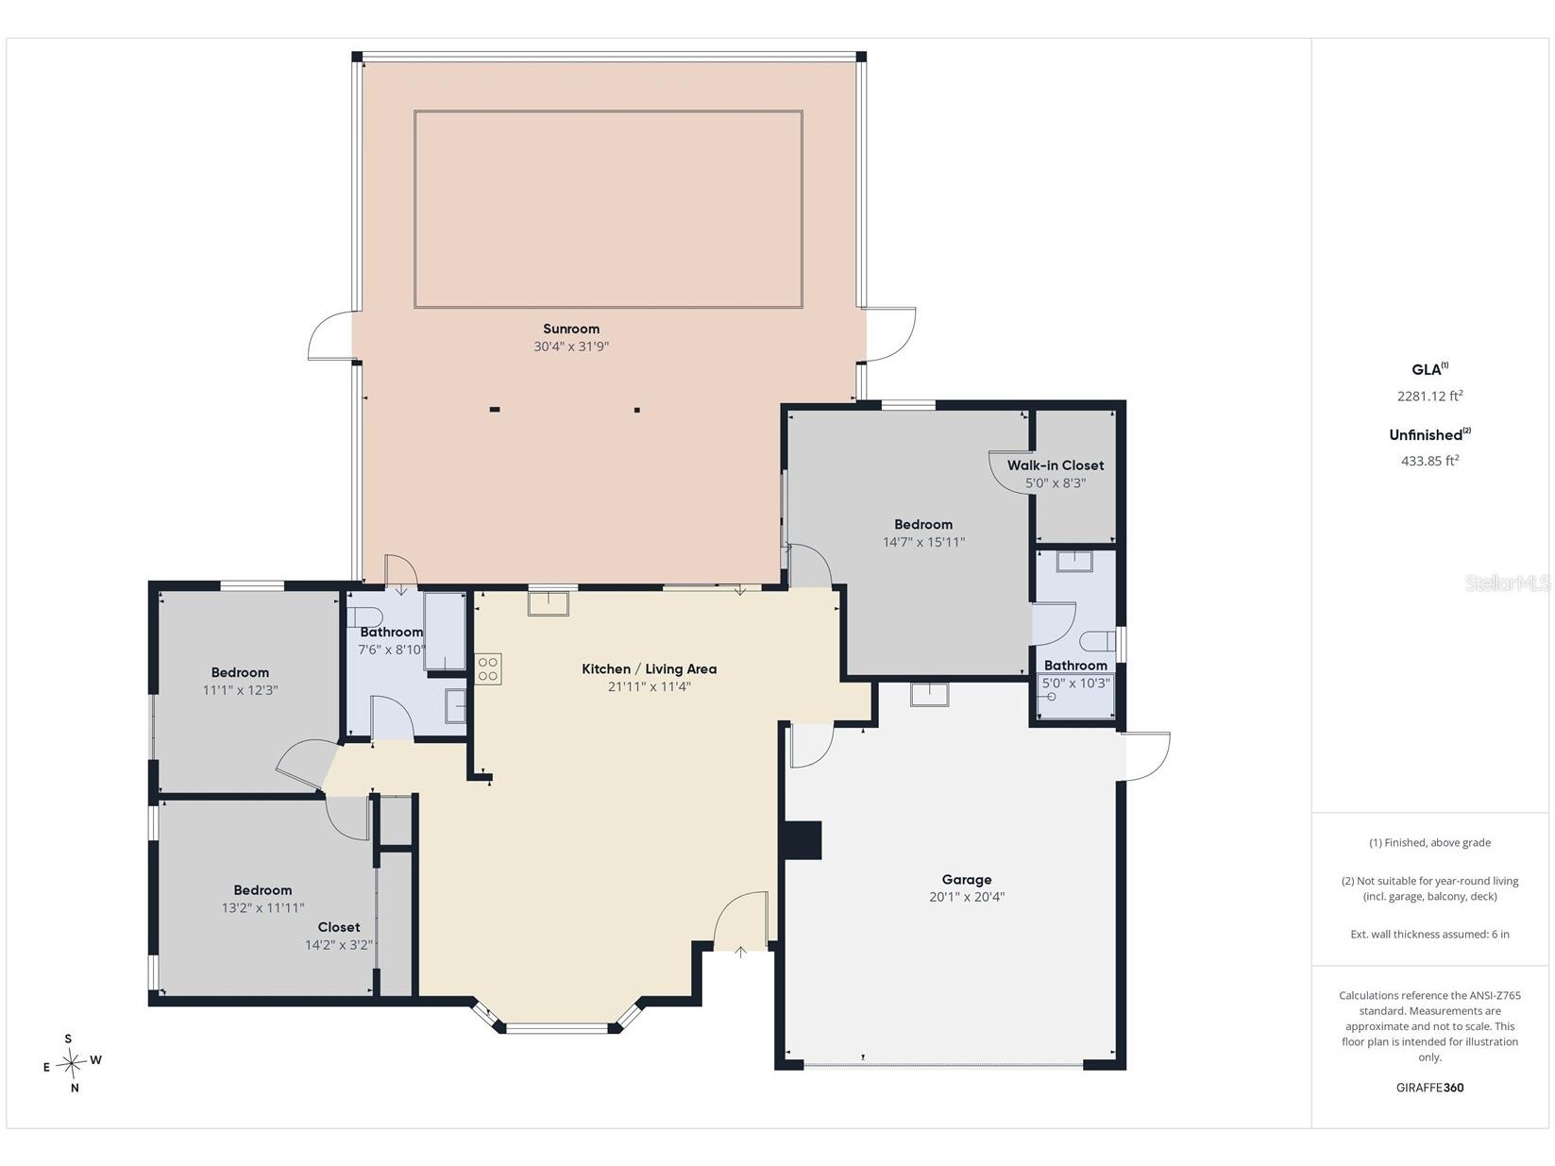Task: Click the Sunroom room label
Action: [571, 329]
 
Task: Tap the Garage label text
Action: [966, 879]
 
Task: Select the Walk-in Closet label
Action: [1056, 465]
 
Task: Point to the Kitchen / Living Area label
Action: [649, 668]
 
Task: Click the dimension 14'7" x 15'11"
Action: [923, 542]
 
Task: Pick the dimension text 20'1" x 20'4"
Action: [967, 897]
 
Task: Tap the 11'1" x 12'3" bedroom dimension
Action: [240, 690]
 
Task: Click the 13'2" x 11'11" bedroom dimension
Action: [262, 907]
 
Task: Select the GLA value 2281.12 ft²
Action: [1429, 396]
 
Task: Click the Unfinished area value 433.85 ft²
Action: [1429, 461]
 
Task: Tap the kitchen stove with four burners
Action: [487, 668]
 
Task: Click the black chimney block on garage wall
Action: [802, 840]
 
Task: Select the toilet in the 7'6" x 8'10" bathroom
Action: [365, 617]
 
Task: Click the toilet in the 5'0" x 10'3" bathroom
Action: [1097, 641]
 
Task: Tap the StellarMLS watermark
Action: [1508, 583]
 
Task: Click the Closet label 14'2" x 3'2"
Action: [339, 936]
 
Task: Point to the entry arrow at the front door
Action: [740, 953]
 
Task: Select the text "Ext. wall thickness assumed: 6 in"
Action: [1429, 934]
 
